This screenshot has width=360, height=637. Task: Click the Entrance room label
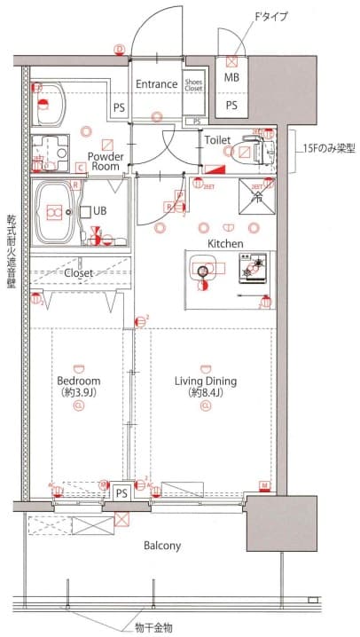click(157, 84)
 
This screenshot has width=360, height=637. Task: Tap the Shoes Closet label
click(193, 85)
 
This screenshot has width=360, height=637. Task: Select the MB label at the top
click(231, 78)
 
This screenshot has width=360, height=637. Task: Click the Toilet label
click(217, 140)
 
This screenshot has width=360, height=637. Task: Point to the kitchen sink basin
click(206, 271)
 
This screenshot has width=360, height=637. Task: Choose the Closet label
click(79, 273)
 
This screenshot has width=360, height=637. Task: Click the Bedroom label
click(78, 382)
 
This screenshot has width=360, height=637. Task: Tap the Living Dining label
click(206, 382)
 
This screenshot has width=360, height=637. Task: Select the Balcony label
click(162, 546)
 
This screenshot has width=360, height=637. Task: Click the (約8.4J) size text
click(206, 394)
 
